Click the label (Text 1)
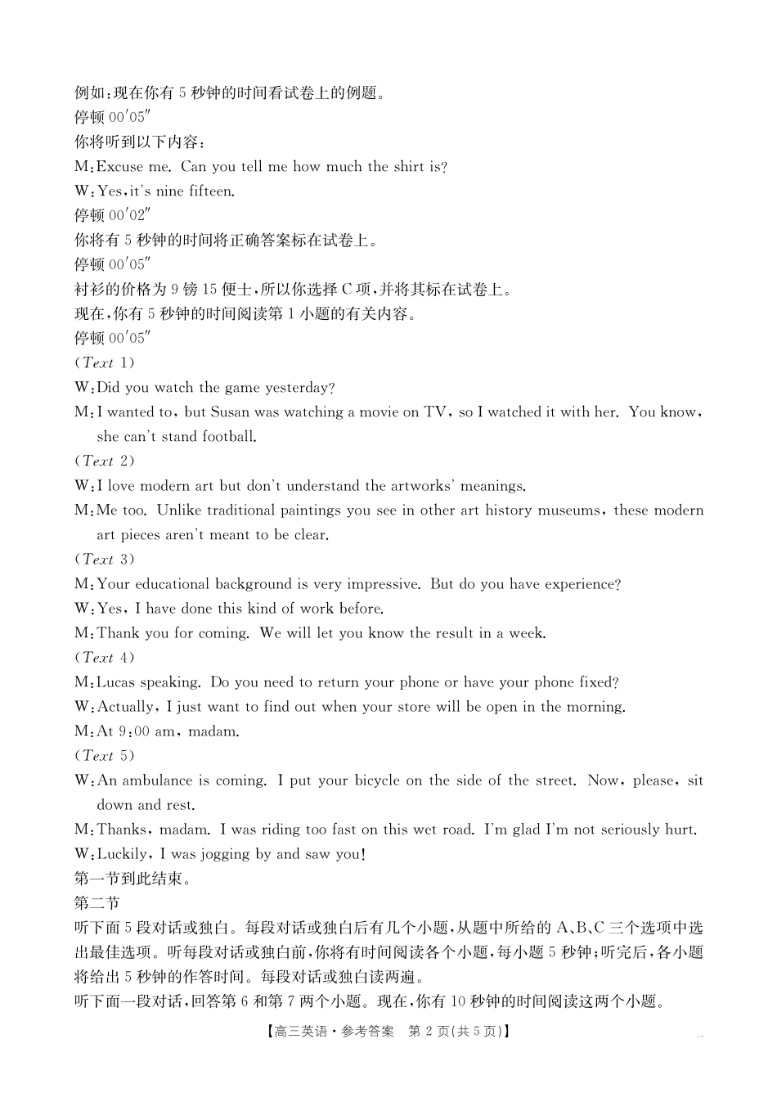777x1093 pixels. [x=105, y=362]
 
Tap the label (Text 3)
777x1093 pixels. [x=105, y=560]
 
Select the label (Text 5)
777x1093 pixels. [x=105, y=756]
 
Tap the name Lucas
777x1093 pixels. [x=119, y=682]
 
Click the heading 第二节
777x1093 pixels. [x=97, y=903]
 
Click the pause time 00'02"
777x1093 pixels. [x=129, y=216]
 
